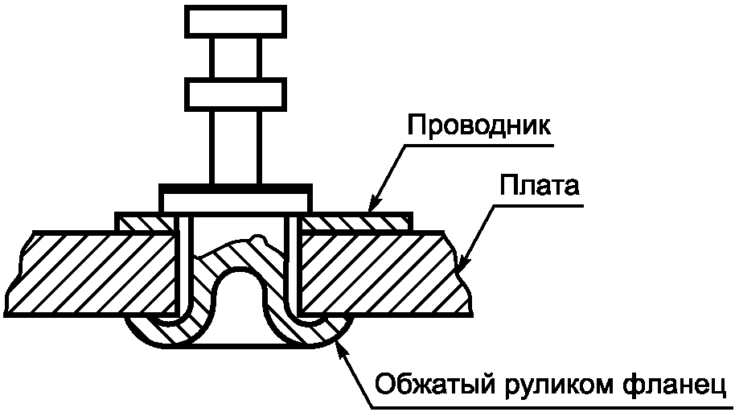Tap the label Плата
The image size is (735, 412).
[x=540, y=187]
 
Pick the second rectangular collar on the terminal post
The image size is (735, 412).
[x=235, y=93]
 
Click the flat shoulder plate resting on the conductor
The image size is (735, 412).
[x=235, y=196]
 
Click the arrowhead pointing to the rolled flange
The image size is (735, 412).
[x=342, y=344]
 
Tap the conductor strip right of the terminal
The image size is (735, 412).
[x=354, y=221]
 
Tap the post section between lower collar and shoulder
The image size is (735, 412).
[x=235, y=145]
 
